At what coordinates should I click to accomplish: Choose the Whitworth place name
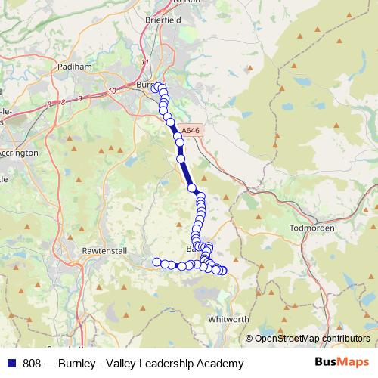coord(226,320)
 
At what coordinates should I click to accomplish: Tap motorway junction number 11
coord(144,64)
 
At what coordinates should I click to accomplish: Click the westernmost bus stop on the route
coord(157,262)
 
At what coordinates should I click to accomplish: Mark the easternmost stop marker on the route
coord(222,271)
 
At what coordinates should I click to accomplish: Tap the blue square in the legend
coord(11,364)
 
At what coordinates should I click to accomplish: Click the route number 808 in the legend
coord(32,364)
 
